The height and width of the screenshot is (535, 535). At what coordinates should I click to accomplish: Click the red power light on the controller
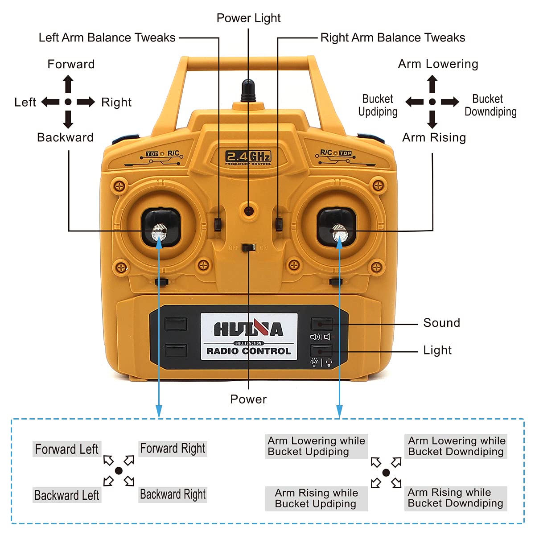(x=249, y=211)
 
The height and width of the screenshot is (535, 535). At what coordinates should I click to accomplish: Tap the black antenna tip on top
(x=248, y=91)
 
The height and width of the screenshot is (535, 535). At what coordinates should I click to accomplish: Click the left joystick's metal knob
(x=159, y=232)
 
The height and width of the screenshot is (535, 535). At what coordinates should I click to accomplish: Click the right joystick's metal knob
(x=340, y=233)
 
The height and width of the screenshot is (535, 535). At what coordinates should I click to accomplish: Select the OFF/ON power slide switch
(x=249, y=247)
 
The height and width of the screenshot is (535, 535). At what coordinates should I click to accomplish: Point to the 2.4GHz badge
(x=248, y=157)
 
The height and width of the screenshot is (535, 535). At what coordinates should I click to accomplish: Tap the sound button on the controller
(x=321, y=324)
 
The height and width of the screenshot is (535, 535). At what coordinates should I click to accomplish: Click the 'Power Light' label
(x=248, y=18)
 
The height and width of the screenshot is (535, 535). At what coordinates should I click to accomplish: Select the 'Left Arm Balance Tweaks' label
(x=107, y=37)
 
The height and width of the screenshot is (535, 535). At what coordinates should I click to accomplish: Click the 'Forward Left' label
(x=67, y=449)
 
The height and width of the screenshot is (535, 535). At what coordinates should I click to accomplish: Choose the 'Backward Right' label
(x=173, y=495)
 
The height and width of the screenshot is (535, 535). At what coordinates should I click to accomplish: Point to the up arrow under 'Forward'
(x=68, y=84)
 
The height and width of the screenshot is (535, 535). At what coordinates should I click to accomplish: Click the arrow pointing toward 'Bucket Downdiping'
(x=450, y=102)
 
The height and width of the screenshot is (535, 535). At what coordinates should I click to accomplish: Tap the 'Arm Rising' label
(x=434, y=137)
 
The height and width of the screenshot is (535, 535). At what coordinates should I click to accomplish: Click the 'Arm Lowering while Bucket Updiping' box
(x=317, y=446)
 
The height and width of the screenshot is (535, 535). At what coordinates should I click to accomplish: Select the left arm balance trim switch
(x=218, y=224)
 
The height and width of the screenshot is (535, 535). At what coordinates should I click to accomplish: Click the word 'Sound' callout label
(x=441, y=323)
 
